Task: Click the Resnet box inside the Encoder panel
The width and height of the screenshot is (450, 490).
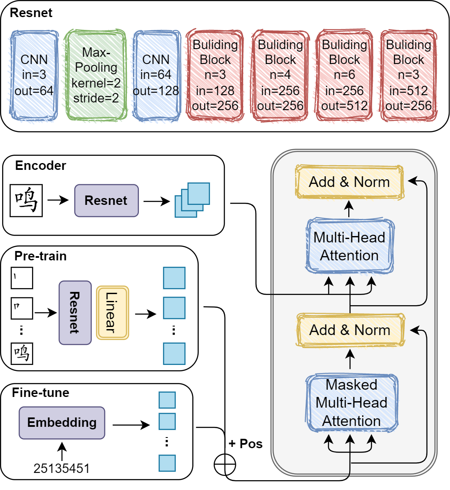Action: click(x=106, y=200)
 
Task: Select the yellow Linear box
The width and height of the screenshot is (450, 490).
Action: click(x=112, y=313)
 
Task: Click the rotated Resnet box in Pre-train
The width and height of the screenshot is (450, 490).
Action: click(x=75, y=313)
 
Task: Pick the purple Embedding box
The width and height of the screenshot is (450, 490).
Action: click(x=62, y=423)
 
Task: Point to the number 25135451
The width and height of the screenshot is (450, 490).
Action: click(x=62, y=468)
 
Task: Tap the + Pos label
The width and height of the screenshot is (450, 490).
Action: click(x=246, y=444)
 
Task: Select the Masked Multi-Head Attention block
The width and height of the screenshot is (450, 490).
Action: click(x=351, y=402)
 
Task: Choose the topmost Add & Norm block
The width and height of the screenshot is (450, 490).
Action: click(x=350, y=182)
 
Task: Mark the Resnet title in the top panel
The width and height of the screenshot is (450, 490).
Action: click(x=31, y=13)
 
